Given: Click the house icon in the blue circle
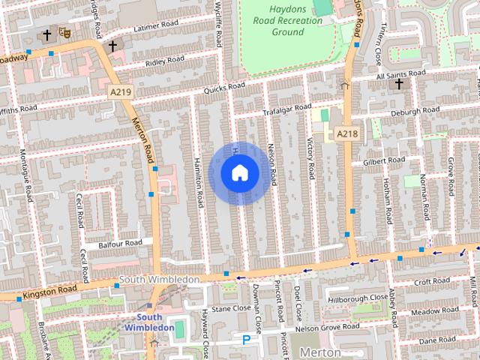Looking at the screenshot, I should (239, 173).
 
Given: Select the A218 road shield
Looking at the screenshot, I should (346, 133).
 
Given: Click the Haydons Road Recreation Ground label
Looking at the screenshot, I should (287, 21).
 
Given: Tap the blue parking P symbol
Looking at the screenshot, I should (246, 340).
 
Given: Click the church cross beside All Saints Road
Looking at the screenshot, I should (399, 84).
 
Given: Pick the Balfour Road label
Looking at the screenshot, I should (119, 244).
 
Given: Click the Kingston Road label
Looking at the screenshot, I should (49, 288).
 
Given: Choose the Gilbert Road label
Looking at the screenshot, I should (383, 160).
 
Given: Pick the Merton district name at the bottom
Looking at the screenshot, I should (320, 352).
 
